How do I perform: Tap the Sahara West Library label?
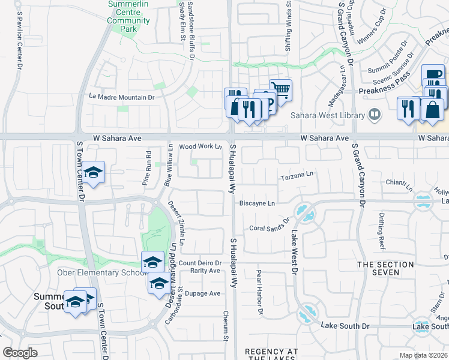pos(327,115)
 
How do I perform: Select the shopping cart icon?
pos(280,90)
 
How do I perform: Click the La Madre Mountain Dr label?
pos(122,96)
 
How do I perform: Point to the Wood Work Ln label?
pos(200,146)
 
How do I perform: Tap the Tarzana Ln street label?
pos(297,178)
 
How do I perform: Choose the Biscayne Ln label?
pos(257,203)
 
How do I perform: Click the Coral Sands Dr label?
pos(270,228)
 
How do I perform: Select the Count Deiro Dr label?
pos(200,263)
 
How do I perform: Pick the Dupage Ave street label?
pos(202,293)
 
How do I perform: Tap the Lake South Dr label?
pos(345,326)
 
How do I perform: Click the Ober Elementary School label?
pos(101,273)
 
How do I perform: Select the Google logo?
pos(20,353)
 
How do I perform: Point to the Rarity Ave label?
pos(205,271)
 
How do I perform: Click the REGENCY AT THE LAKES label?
pos(271,354)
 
